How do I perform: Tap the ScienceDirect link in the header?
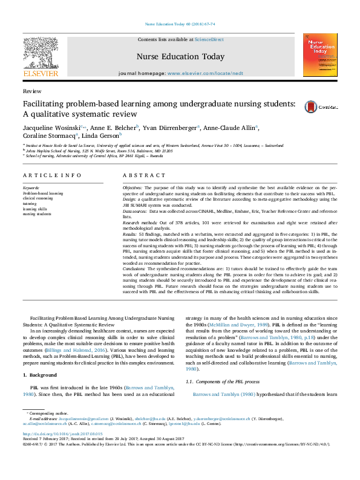pos(209,39)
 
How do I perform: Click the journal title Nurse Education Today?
pos(172,57)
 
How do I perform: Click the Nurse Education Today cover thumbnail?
pos(319,55)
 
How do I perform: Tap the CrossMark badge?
pos(327,104)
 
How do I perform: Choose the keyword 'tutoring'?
pos(30,204)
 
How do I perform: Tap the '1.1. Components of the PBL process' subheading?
pos(225,382)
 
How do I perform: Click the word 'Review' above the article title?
pos(28,90)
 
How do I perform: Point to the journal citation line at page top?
pos(179,24)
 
